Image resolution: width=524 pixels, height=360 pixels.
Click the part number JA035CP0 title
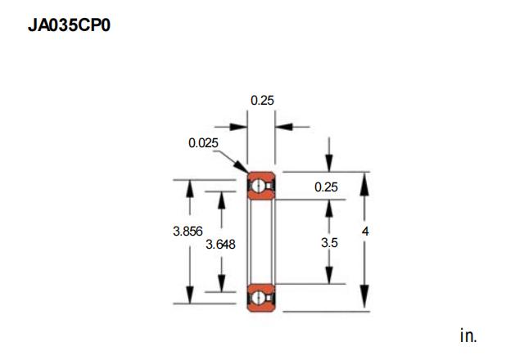tap(69, 25)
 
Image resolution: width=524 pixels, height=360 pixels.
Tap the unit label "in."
tap(468, 335)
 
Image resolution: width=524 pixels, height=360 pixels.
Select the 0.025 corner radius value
tap(203, 143)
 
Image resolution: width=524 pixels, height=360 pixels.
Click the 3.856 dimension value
tap(187, 231)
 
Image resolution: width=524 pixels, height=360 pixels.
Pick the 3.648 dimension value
tap(220, 245)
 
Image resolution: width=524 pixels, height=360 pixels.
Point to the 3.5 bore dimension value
tap(329, 243)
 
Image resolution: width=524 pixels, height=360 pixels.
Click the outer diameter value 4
tap(365, 231)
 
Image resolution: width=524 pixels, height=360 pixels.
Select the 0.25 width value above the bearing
tap(262, 100)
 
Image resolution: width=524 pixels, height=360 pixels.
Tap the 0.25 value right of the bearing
tap(326, 187)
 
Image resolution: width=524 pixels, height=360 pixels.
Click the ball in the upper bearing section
tap(258, 186)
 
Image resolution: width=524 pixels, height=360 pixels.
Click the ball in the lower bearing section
tap(258, 298)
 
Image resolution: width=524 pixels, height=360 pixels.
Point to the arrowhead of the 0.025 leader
tap(242, 167)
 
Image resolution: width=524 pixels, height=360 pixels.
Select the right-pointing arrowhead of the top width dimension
tap(238, 127)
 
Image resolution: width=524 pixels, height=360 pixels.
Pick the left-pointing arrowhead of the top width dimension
tap(284, 127)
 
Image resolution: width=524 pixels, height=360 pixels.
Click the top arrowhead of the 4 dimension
tap(364, 184)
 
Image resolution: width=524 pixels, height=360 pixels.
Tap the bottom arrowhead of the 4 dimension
tap(364, 296)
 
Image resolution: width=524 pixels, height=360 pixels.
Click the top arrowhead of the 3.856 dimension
tap(190, 188)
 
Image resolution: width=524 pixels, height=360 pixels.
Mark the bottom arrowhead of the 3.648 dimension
tap(222, 283)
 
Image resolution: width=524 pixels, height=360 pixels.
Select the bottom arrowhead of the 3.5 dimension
tap(329, 275)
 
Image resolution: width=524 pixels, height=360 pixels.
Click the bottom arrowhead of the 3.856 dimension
tap(190, 295)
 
